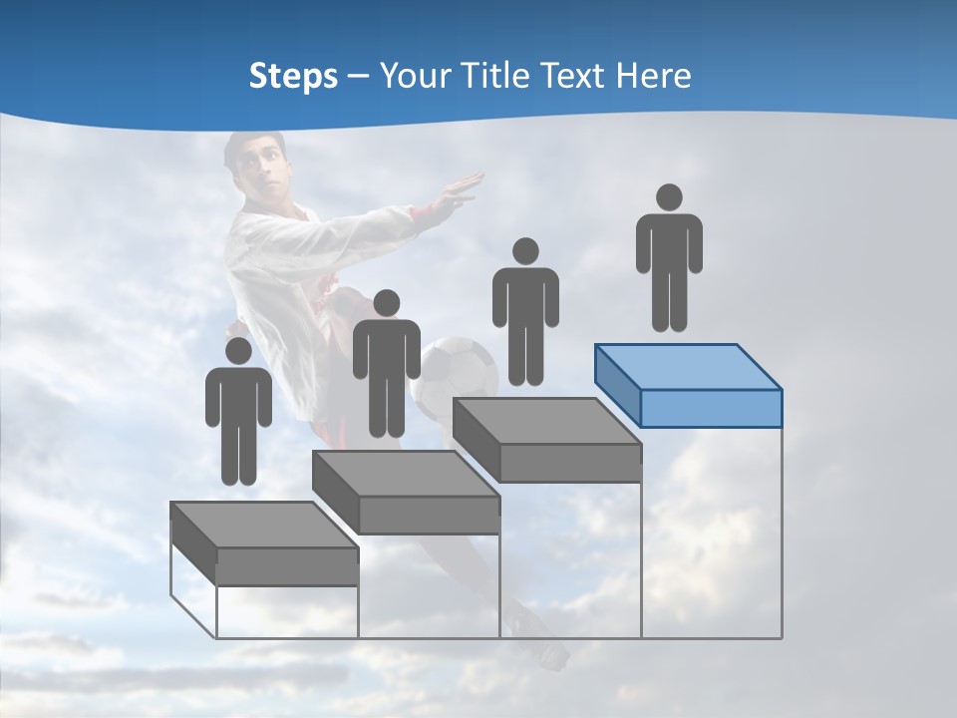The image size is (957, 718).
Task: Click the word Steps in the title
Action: coord(293,76)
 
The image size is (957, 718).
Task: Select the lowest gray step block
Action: coord(264,543)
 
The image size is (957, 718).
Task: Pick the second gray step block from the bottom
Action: coord(406,492)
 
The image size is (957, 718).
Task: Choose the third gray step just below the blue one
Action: coord(547,440)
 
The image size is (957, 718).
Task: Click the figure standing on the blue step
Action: coord(669,259)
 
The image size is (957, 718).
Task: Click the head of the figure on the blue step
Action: coord(669,197)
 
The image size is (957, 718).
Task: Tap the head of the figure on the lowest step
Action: coord(238,350)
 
